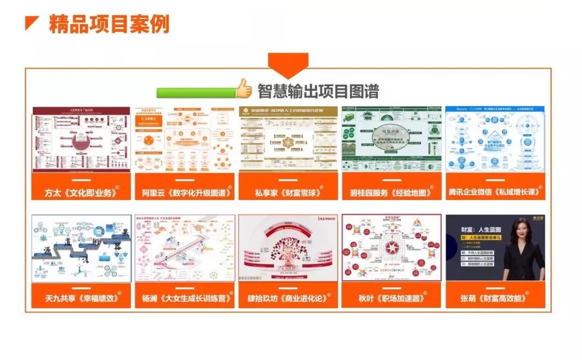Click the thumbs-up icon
[244, 89]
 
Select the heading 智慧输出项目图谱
[317, 91]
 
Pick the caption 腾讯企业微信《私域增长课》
[495, 192]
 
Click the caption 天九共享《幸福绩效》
[81, 297]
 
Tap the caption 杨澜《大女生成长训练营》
[184, 297]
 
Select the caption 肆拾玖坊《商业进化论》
[288, 297]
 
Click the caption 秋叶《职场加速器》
[391, 297]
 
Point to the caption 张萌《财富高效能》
[495, 297]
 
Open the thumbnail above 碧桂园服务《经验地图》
[391, 139]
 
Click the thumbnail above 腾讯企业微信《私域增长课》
[495, 139]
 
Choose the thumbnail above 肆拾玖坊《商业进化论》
[288, 248]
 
